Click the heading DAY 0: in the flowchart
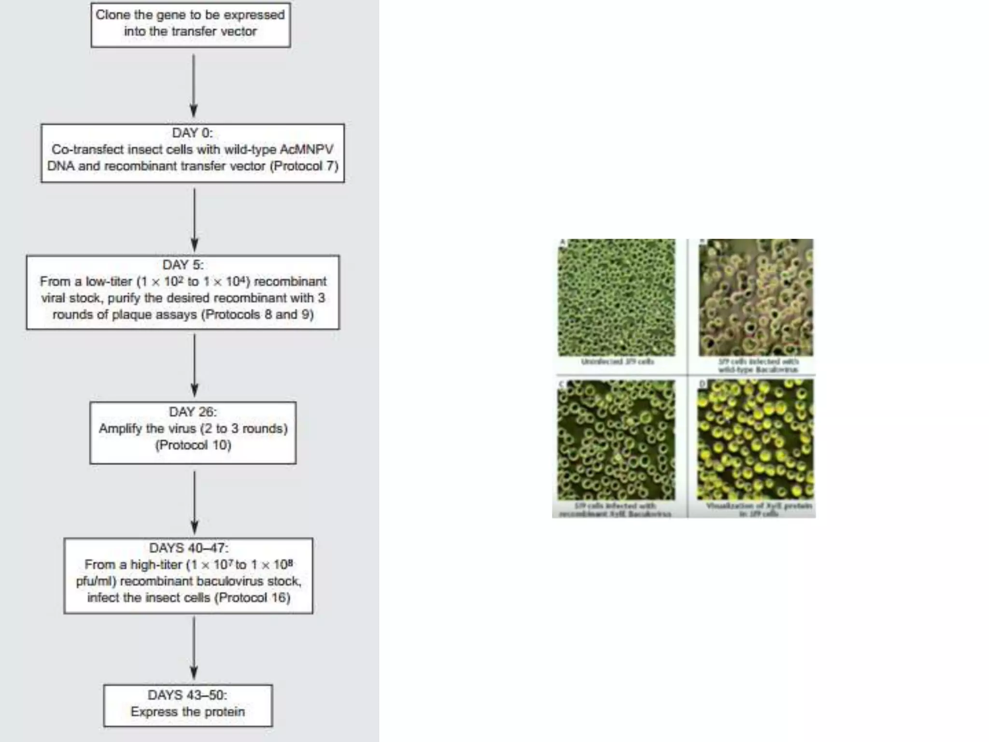tap(192, 133)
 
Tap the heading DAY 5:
tap(183, 265)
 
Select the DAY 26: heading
tap(193, 412)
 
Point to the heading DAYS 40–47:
tap(189, 548)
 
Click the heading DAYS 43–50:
tap(187, 695)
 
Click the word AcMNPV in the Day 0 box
tap(306, 149)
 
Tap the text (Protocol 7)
tap(304, 166)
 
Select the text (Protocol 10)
tap(193, 445)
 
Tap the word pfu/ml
tap(96, 581)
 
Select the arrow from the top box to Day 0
tap(194, 85)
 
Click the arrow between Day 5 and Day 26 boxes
tap(195, 365)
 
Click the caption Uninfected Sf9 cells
tap(618, 361)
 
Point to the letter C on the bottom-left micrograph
tap(562, 385)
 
